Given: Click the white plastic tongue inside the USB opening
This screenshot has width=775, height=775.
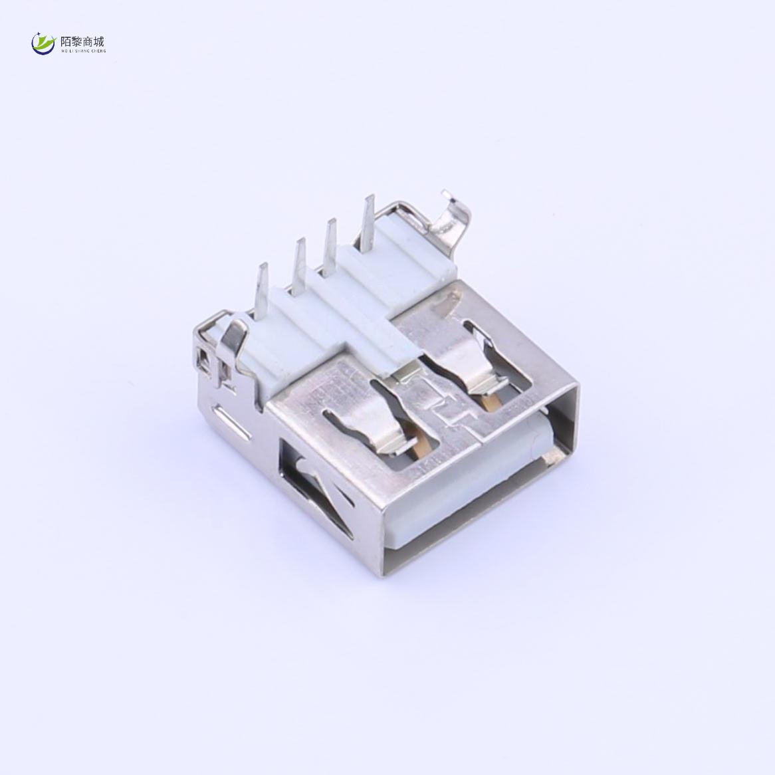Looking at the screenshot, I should point(479,492).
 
